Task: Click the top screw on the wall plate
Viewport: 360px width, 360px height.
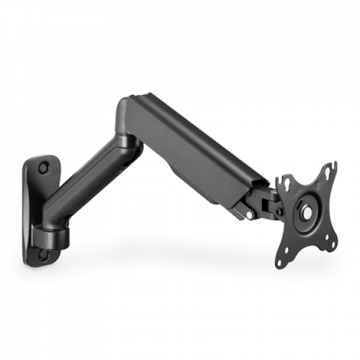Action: coord(43,168)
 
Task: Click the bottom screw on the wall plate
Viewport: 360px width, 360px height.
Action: coord(43,255)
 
